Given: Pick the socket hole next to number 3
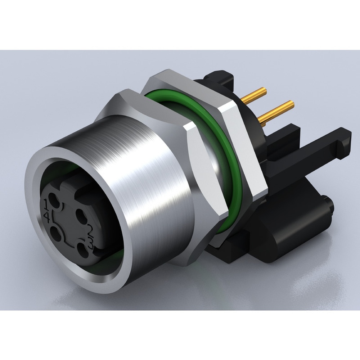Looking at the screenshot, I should [82, 249].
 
